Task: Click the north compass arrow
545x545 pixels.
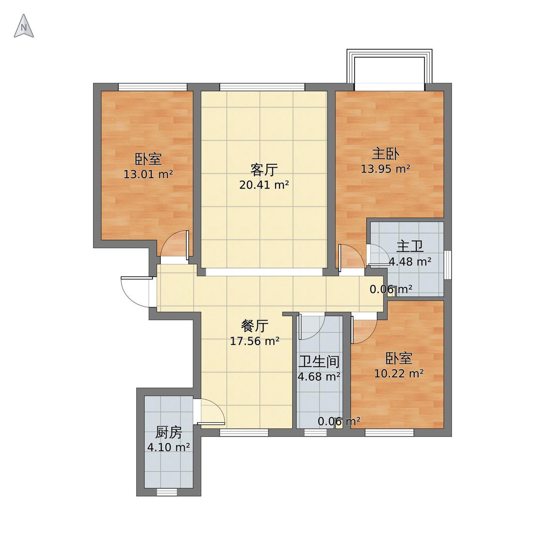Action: pos(24,26)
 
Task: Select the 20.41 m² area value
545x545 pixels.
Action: pos(264,185)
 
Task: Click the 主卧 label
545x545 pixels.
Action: pos(386,154)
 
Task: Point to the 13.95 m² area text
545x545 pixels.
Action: pos(386,169)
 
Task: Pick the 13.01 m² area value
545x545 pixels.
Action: pos(148,174)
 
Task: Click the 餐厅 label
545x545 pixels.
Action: pos(255,326)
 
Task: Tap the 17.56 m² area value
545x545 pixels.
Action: pos(255,342)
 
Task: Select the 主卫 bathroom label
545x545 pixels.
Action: pos(410,247)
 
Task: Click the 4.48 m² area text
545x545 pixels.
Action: pos(410,262)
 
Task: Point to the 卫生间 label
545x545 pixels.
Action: pos(319,362)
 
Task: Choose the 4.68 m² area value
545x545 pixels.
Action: pos(319,376)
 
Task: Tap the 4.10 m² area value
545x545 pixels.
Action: pos(169,447)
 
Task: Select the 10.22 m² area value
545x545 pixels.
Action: pos(399,374)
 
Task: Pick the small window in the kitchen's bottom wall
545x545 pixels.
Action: pos(167,492)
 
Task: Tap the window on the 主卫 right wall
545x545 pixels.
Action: pos(448,265)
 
